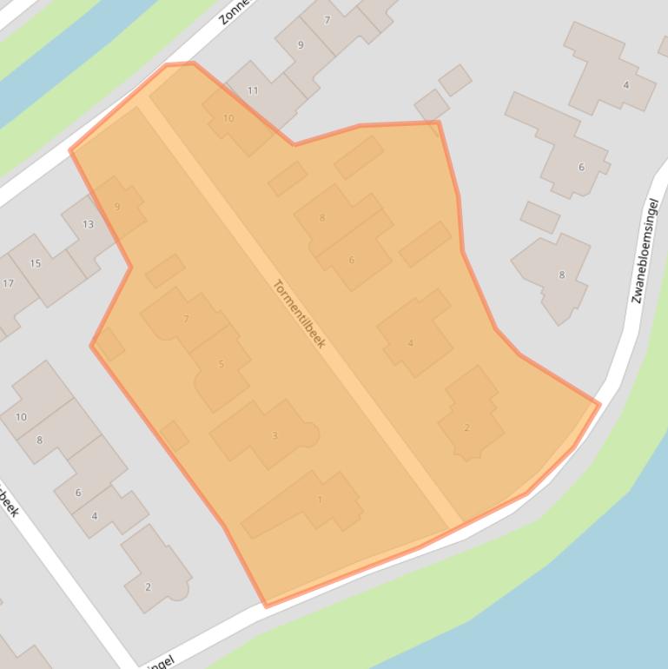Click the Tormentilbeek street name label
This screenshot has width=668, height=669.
299,314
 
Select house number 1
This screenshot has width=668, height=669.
320,500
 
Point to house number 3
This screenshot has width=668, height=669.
274,435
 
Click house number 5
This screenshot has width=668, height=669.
222,364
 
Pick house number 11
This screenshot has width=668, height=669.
253,90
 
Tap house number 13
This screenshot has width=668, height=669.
88,224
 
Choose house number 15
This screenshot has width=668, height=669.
36,263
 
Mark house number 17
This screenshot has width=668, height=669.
8,283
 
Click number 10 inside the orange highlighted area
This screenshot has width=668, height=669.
228,118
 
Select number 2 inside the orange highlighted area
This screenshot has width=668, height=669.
466,427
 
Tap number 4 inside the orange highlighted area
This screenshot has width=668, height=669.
410,343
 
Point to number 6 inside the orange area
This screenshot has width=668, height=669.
352,260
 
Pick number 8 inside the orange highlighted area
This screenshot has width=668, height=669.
322,218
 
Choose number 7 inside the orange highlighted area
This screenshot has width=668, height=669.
186,319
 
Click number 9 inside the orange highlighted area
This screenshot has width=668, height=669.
117,207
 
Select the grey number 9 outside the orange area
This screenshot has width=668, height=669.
301,45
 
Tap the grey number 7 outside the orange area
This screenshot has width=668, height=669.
327,20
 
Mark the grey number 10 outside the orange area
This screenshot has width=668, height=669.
21,417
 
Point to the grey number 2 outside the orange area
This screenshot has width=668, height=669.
148,587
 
